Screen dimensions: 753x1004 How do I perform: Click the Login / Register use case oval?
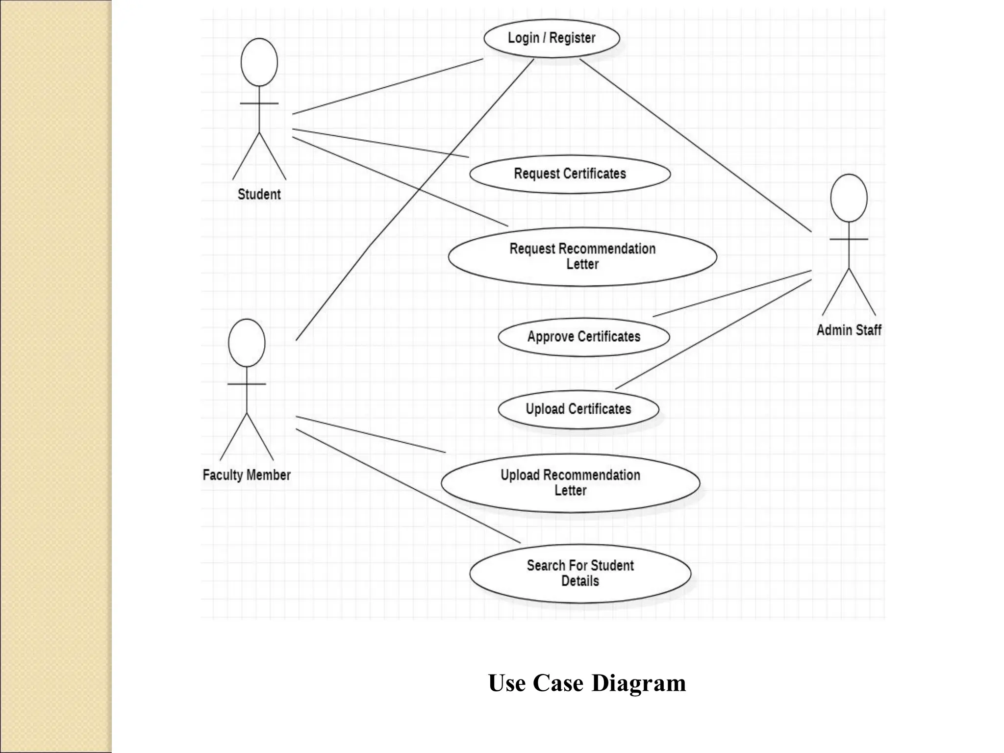(552, 38)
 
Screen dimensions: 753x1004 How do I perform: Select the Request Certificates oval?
(570, 174)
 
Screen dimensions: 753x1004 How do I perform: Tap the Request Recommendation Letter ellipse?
(582, 256)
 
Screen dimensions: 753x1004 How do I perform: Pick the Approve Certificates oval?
(583, 337)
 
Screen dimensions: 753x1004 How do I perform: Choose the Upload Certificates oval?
(578, 409)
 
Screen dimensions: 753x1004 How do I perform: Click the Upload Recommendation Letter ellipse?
(570, 483)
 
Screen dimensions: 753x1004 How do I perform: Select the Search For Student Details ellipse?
(580, 574)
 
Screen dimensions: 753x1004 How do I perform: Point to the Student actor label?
(259, 195)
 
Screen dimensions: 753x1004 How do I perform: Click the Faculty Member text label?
(247, 475)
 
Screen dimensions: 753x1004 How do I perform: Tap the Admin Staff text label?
(849, 330)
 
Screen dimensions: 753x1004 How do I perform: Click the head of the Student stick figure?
(259, 62)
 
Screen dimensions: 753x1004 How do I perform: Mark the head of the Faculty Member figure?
(247, 343)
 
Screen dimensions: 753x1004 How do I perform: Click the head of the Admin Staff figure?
(849, 198)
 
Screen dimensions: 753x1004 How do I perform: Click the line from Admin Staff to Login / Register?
(695, 145)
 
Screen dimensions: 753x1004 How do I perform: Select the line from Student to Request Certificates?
(380, 143)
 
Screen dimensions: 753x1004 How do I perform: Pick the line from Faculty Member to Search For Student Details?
(408, 486)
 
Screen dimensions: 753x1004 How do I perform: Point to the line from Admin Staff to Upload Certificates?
(713, 334)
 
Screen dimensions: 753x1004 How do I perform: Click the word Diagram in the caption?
(639, 683)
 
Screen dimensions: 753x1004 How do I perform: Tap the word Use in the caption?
(507, 683)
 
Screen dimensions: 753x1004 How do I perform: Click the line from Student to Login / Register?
(387, 86)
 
